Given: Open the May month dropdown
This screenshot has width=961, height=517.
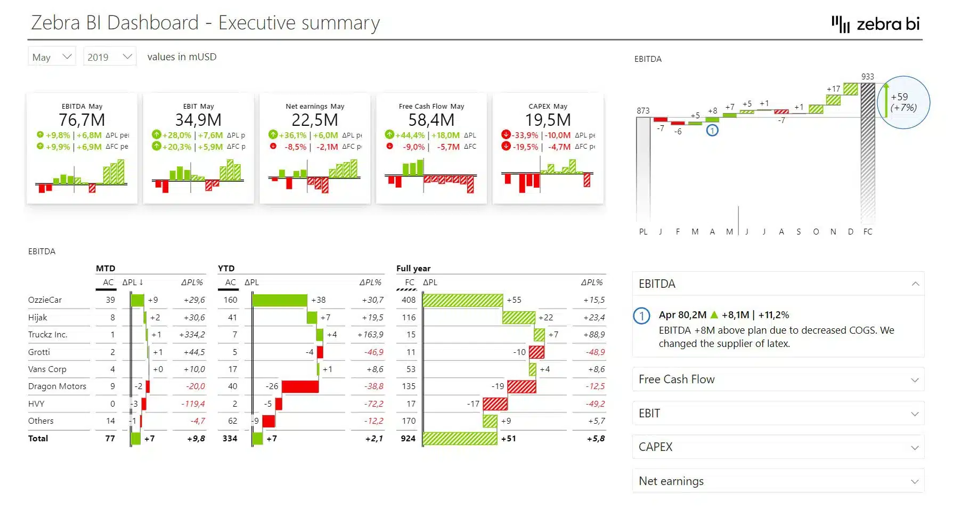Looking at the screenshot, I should (52, 57).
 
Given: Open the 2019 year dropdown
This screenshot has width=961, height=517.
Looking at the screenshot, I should (109, 57).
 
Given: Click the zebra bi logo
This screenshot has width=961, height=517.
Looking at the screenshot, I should (876, 24).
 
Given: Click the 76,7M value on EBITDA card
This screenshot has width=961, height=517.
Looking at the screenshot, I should (82, 120).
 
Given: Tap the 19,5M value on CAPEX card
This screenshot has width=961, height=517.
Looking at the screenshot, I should (548, 120).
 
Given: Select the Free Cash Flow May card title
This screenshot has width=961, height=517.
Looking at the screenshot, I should (431, 106).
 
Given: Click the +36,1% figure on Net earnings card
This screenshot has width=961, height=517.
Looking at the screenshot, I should (292, 135).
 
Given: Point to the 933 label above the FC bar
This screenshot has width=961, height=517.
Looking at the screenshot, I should (867, 77).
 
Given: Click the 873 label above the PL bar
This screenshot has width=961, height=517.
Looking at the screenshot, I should (643, 111).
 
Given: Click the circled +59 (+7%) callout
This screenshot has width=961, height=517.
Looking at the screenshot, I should (903, 102).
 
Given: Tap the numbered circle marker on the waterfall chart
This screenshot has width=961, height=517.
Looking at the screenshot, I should (712, 131).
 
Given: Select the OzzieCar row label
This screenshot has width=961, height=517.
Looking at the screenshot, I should (45, 300).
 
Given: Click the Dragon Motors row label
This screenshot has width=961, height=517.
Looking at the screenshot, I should (57, 386).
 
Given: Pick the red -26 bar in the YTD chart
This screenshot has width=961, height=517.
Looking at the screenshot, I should (300, 386).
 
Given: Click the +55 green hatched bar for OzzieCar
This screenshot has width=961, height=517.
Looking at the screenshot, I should (463, 300).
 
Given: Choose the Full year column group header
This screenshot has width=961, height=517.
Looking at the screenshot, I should (413, 269).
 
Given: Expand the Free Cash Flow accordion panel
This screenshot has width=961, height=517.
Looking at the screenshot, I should (778, 379).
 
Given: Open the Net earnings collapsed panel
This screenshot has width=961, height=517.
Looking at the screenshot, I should (778, 481).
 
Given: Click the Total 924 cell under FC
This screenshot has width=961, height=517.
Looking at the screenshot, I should (408, 439).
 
